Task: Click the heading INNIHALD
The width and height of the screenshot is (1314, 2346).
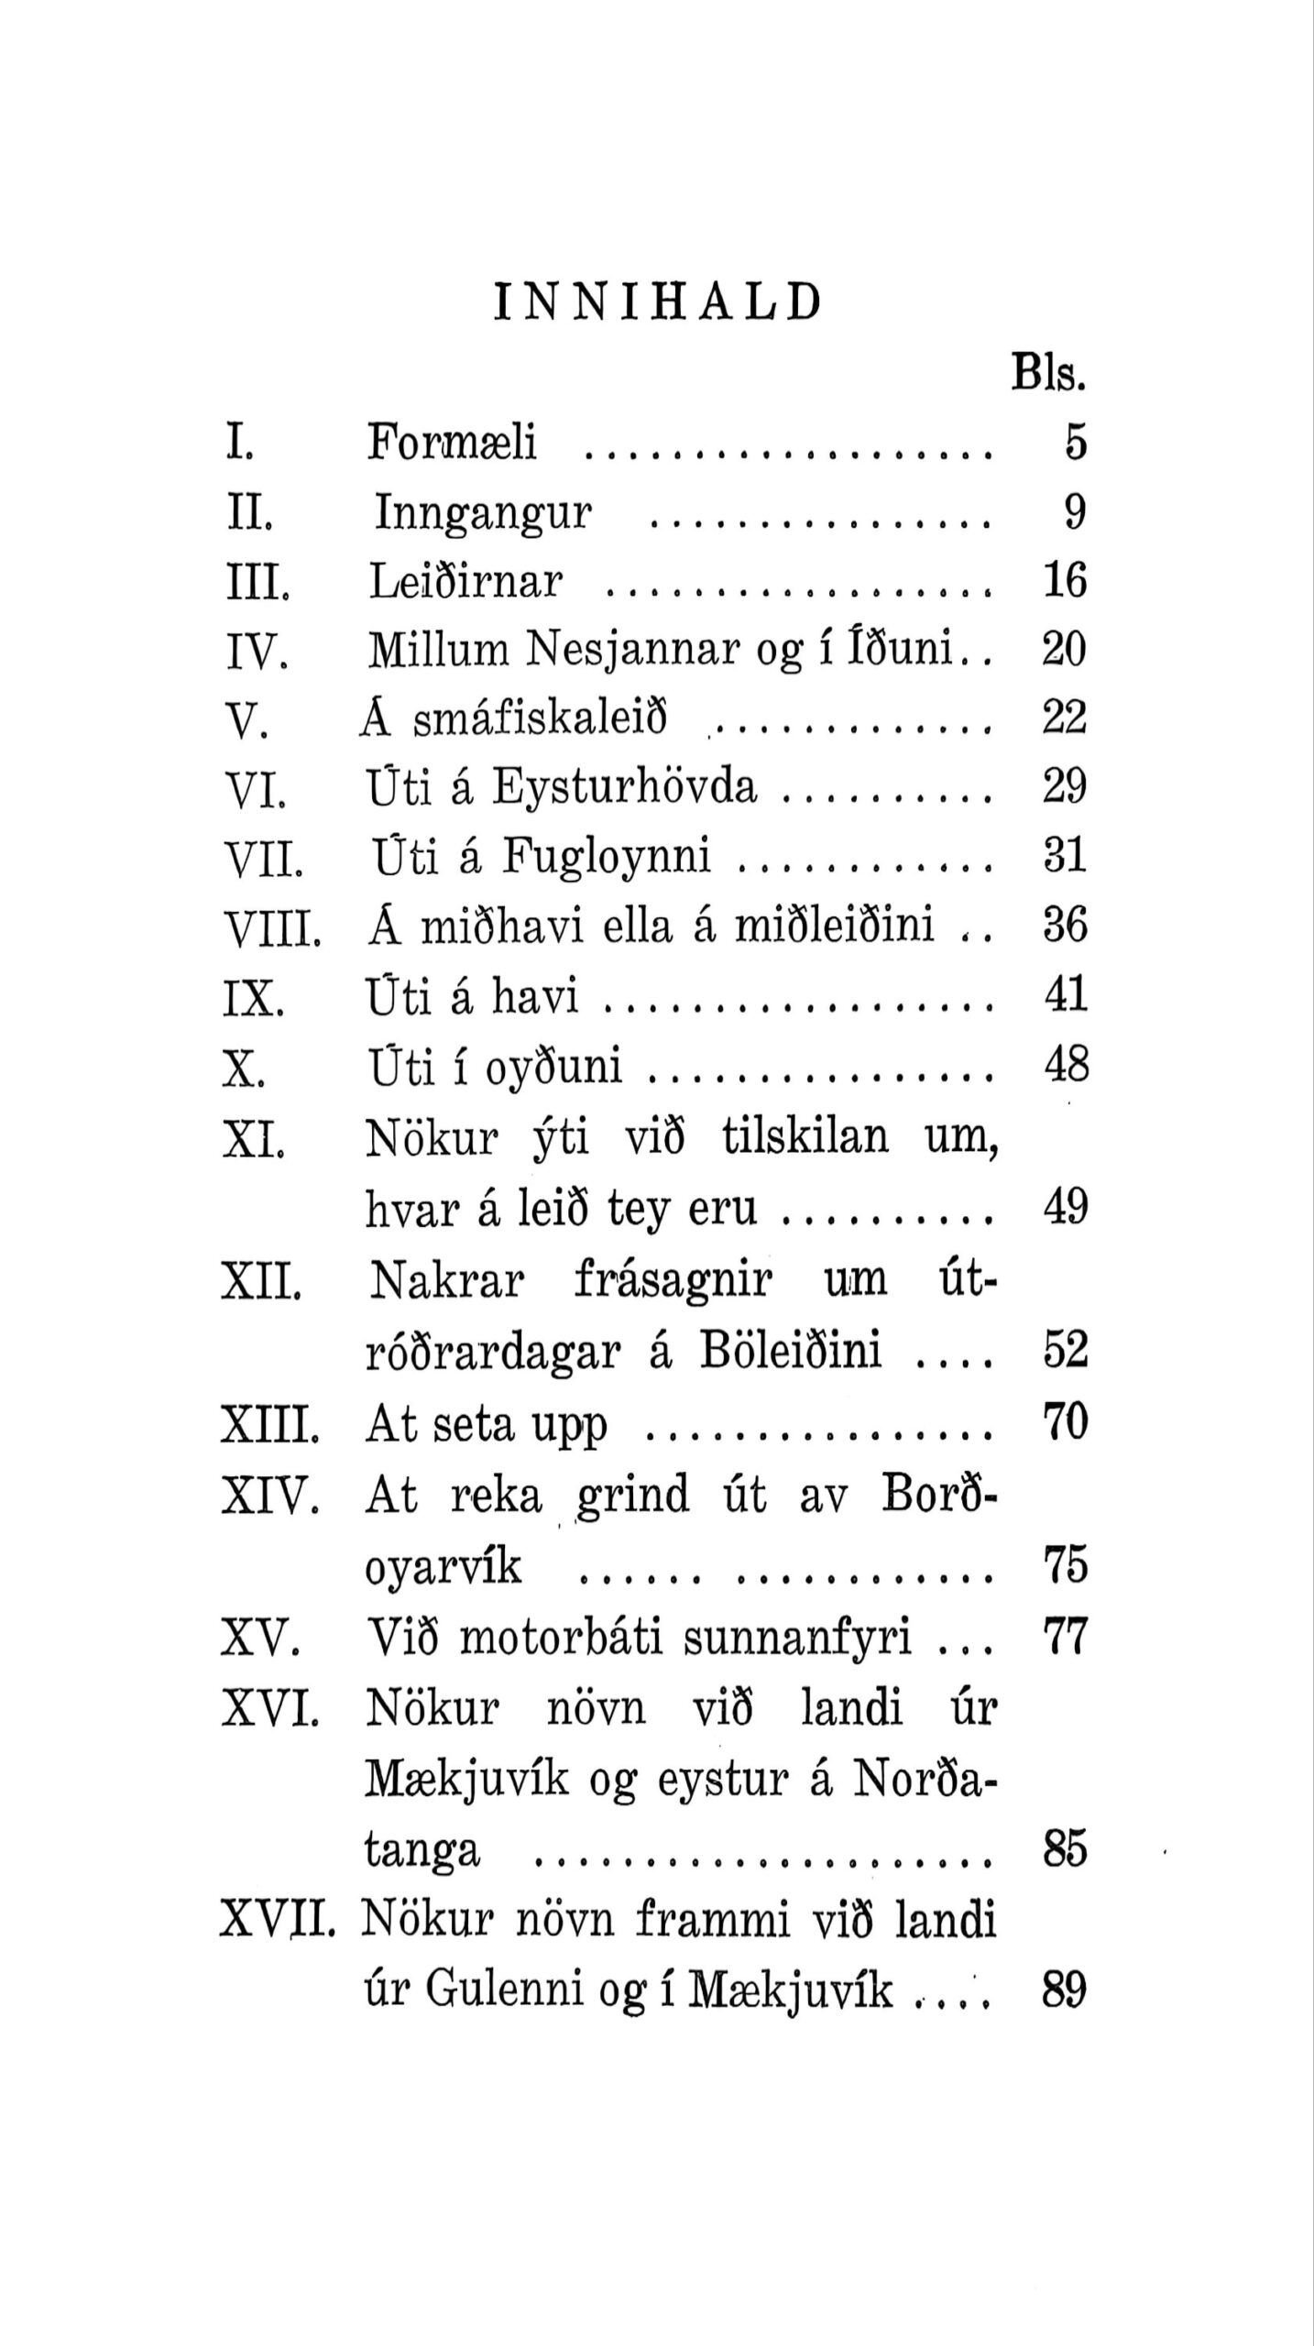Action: click(x=657, y=303)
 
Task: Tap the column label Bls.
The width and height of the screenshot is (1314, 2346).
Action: click(x=1048, y=374)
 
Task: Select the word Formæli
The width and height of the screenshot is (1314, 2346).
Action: click(x=452, y=442)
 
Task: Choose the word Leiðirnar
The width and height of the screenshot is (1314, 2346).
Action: click(x=465, y=581)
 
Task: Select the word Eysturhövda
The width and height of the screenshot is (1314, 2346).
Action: click(x=625, y=786)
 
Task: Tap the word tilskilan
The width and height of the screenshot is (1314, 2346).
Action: click(x=805, y=1137)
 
